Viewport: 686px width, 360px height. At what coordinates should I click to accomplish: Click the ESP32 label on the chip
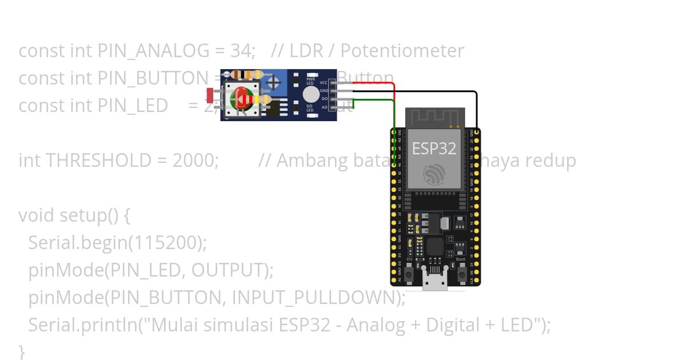434,149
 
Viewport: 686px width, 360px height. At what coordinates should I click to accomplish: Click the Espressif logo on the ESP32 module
434,174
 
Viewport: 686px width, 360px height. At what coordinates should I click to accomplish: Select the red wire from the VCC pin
374,83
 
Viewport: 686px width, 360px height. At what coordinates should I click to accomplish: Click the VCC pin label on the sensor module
324,82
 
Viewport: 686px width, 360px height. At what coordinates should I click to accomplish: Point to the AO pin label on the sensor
324,107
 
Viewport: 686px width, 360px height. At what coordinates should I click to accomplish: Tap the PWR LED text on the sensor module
310,81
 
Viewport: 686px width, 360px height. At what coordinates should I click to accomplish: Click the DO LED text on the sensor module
310,108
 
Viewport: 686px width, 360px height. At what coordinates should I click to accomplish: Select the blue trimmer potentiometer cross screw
274,82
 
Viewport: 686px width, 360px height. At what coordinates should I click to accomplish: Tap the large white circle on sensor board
310,94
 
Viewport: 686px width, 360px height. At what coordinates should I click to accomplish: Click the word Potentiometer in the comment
402,51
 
